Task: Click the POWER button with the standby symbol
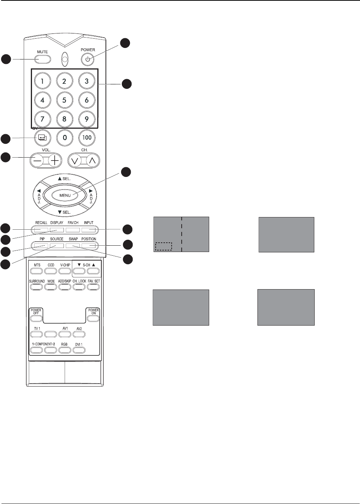point(88,59)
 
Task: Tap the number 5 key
point(64,100)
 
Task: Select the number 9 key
point(87,119)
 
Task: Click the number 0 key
point(65,138)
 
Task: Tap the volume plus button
point(55,161)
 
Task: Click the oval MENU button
point(65,195)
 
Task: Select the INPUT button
point(89,229)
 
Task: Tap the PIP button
point(42,245)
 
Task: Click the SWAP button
point(73,245)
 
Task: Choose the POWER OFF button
point(36,318)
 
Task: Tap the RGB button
point(65,350)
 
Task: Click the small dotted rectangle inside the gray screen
point(163,246)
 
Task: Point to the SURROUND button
point(36,287)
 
